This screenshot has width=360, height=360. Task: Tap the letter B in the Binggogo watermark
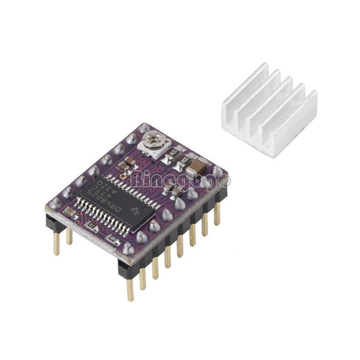pyautogui.click(x=138, y=179)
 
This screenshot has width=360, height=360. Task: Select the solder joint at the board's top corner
pyautogui.click(x=144, y=127)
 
